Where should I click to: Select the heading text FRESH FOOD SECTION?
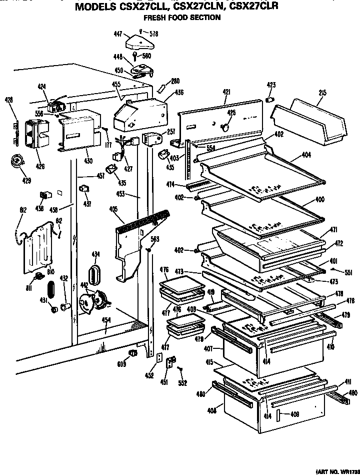pos(182,18)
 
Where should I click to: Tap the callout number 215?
pos(322,92)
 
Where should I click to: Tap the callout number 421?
pos(226,92)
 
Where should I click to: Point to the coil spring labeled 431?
pos(49,290)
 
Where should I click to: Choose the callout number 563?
pos(155,239)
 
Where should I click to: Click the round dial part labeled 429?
pos(18,162)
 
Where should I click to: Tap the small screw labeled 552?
pos(181,369)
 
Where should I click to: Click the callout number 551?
pos(348,273)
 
